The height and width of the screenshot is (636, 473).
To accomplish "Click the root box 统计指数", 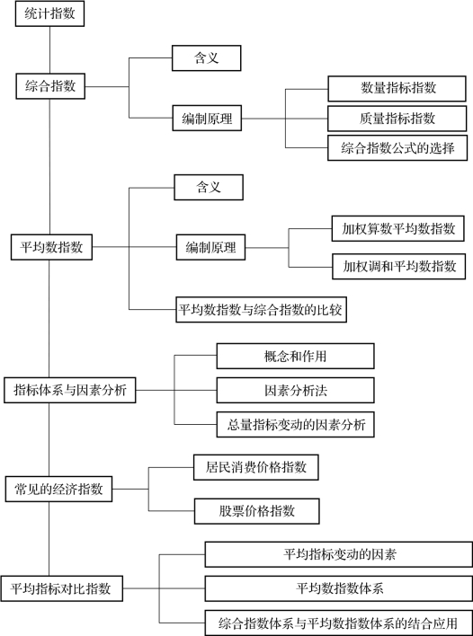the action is (x=50, y=13).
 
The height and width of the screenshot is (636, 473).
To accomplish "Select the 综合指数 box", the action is (x=50, y=86).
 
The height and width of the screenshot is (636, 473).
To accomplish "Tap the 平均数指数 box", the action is (x=51, y=247).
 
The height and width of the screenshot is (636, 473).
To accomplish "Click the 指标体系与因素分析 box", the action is (x=70, y=390).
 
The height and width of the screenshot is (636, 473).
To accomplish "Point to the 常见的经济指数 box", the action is (x=58, y=490).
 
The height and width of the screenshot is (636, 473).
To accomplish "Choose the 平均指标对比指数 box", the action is (x=62, y=588).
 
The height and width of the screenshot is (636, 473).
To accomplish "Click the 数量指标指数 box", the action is (x=397, y=88).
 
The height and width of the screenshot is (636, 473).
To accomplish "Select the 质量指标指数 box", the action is (x=397, y=119).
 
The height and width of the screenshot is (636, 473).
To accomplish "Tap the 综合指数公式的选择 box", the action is (x=397, y=148).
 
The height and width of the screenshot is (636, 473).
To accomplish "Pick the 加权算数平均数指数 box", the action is (x=397, y=229).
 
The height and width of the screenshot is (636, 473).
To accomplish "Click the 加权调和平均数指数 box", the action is (x=398, y=267).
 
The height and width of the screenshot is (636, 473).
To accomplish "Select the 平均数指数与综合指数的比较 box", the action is (x=261, y=310).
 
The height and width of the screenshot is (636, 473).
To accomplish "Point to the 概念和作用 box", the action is (x=295, y=356).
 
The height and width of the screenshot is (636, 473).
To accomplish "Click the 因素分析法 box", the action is (x=295, y=390).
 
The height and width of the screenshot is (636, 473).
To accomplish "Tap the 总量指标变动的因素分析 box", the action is (x=295, y=425).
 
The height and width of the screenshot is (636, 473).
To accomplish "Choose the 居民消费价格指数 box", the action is (x=255, y=468).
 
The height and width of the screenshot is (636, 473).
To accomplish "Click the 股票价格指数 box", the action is (x=256, y=511).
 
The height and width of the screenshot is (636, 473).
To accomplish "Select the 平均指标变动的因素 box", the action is (x=339, y=554).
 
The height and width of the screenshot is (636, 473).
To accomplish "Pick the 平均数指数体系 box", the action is (x=339, y=588).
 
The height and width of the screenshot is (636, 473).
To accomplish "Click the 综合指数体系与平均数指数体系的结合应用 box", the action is (x=339, y=623).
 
